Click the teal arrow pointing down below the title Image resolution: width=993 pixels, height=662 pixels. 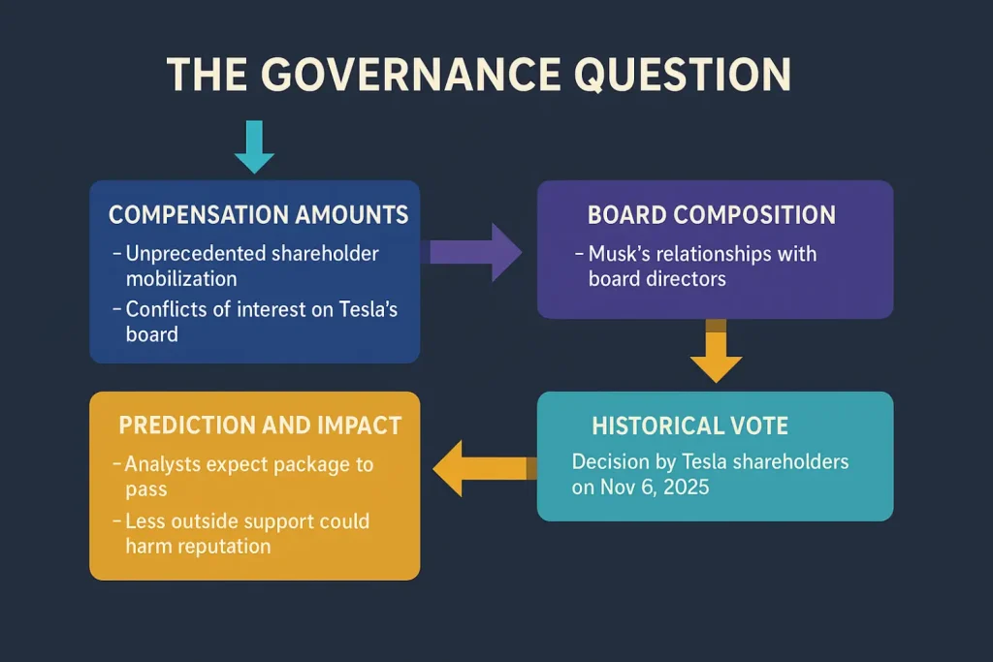tap(254, 146)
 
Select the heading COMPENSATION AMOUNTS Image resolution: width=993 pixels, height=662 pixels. tap(258, 214)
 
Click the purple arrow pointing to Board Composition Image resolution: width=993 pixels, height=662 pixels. tap(475, 252)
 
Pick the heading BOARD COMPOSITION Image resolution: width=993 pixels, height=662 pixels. tap(711, 214)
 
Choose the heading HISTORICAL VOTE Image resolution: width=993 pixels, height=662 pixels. tap(689, 426)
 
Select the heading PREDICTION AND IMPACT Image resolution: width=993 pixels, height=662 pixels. tap(260, 425)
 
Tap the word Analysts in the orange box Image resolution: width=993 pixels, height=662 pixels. tap(161, 464)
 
